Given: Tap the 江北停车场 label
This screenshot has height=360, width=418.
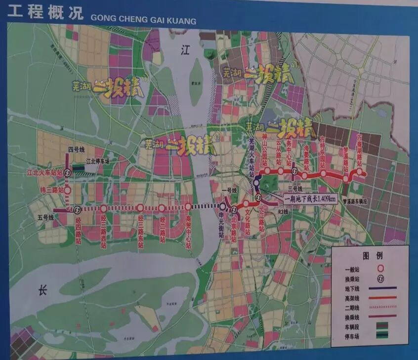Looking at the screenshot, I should coord(98,161).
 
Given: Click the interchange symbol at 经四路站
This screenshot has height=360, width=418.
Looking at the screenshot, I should coord(77,209).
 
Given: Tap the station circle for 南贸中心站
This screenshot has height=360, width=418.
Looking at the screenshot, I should coord(188,207).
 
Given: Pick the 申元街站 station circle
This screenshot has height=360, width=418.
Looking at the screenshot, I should coord(223,207).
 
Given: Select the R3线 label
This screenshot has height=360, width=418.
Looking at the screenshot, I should coord(283,211).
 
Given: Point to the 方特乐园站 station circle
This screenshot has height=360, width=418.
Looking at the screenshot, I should coord(323,173).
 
